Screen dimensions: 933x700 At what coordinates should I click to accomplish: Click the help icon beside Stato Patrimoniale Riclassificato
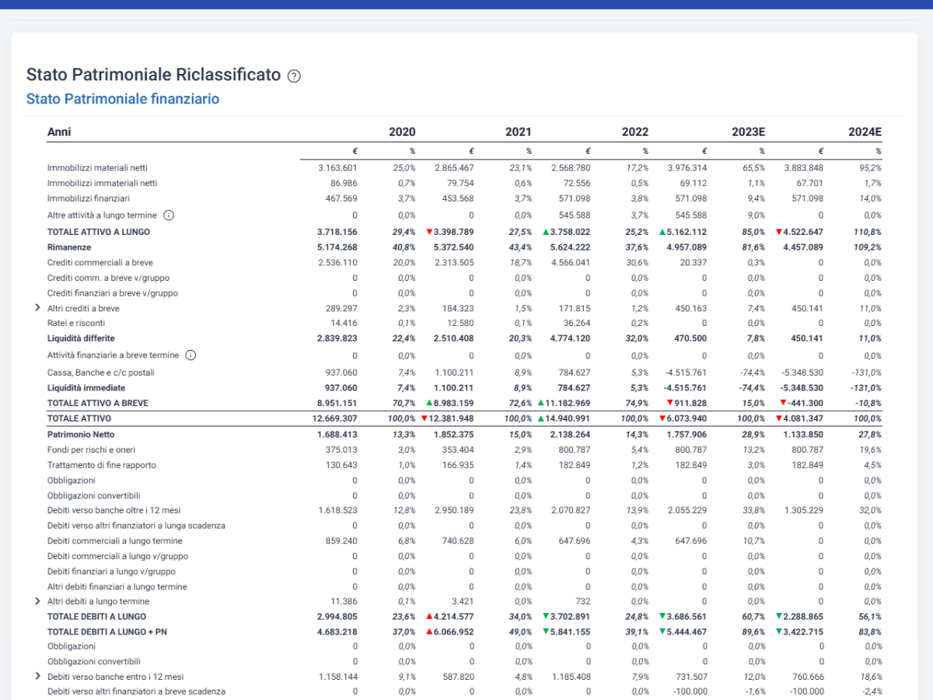pos(294,76)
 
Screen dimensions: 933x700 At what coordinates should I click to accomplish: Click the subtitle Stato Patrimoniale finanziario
pos(123,99)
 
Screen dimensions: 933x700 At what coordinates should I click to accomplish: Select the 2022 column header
pos(635,131)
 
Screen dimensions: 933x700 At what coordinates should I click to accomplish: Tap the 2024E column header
pos(865,131)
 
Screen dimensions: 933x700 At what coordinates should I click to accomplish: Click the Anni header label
pos(59,131)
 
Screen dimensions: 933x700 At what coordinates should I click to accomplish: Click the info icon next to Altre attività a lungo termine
pos(169,215)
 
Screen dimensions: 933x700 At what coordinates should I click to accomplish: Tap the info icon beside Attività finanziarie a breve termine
pos(190,355)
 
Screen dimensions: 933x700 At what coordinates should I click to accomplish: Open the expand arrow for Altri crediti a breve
pos(37,308)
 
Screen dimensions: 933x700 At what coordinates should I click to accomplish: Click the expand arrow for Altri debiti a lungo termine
pos(37,601)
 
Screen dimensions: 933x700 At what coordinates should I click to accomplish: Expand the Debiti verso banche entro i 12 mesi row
pos(37,676)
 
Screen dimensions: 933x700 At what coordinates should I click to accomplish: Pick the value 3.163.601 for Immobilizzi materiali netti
pos(337,168)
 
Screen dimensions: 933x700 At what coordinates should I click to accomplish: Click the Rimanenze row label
pos(69,247)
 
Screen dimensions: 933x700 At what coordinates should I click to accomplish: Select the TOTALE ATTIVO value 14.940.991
pos(568,418)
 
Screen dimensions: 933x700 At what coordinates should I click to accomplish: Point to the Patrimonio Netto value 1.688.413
pos(337,435)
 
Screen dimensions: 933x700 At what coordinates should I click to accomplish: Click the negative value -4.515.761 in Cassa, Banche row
pos(686,373)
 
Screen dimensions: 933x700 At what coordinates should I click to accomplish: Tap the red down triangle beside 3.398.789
pos(429,232)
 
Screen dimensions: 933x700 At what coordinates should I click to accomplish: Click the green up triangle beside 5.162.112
pos(662,232)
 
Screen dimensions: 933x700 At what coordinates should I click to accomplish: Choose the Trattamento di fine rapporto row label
pos(102,465)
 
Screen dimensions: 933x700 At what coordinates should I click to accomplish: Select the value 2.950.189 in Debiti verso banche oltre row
pos(454,510)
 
